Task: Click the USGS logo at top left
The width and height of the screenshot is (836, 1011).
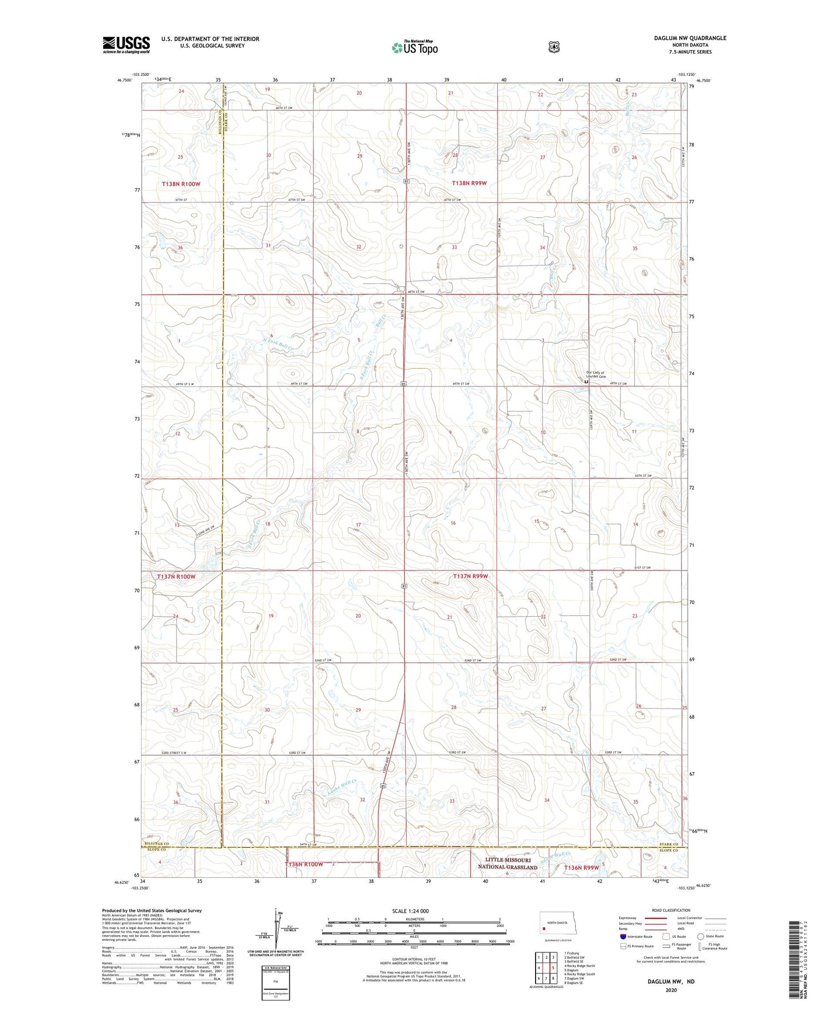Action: pos(126,44)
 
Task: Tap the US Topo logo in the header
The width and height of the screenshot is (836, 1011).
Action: pos(415,48)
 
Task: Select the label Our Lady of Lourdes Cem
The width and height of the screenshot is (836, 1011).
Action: pos(595,375)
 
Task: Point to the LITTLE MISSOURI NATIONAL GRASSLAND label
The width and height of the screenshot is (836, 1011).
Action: pos(507,864)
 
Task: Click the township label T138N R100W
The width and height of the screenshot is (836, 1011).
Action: pos(181,183)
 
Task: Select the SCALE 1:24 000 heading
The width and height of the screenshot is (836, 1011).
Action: pos(410,911)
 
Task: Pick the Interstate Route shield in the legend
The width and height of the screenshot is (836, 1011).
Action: pos(623,936)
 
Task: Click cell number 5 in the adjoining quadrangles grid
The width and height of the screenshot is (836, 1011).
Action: pos(553,968)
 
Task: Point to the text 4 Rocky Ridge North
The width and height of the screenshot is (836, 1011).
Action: pos(580,965)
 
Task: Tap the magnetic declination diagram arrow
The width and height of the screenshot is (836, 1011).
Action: pos(276,925)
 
